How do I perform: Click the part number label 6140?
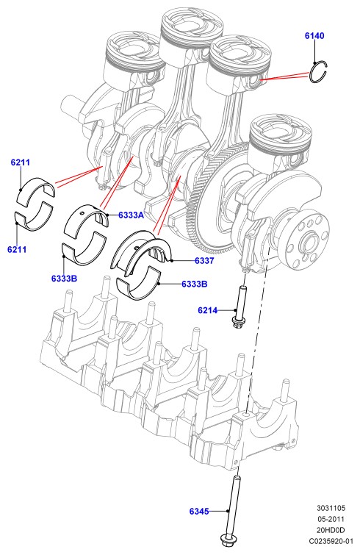coord(314,36)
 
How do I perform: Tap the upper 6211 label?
coord(21,162)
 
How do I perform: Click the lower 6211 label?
coord(17,249)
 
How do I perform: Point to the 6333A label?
coord(131,215)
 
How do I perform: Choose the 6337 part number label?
coord(204,261)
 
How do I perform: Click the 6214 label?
coord(208,310)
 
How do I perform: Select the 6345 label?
coord(199,511)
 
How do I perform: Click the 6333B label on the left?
coord(64,278)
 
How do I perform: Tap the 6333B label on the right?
coord(195,284)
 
